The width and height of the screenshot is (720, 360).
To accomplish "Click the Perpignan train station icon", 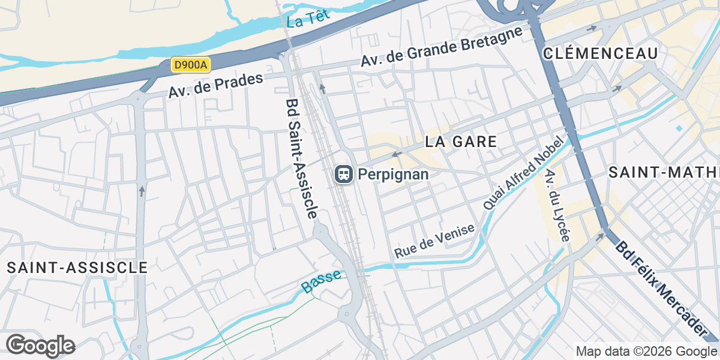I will pos(343,175).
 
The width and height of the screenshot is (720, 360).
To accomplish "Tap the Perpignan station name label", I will pos(393,175).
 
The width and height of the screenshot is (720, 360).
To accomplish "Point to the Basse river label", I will pos(321,281).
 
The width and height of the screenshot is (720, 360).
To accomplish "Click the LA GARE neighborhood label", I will pos(461,142).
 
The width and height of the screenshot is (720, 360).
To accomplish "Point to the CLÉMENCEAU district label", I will pos(600,53).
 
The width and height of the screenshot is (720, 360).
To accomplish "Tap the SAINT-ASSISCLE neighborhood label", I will pos(77,268).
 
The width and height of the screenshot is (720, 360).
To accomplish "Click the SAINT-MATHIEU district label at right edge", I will pos(664,173).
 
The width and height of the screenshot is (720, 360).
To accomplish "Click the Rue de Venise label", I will pos(434,241).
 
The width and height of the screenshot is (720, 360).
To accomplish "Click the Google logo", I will pos(40,346).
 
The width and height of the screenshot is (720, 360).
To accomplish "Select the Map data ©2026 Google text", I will pos(646,351).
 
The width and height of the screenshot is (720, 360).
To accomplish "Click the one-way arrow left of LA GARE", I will pos(395,155).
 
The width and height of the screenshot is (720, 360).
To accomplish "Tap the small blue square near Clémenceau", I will pos(679,128).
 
